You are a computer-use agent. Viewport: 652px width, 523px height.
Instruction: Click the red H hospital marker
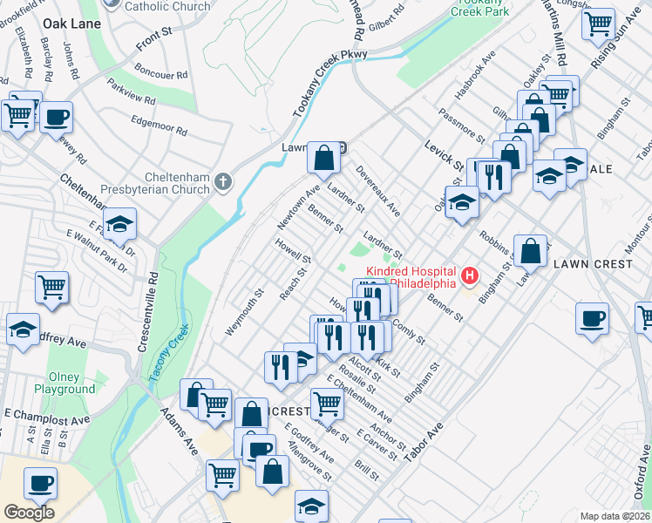[x=471, y=276]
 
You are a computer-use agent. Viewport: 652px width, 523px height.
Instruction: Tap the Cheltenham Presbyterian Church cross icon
[x=223, y=182]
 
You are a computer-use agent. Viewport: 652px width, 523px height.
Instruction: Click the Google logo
[x=29, y=513]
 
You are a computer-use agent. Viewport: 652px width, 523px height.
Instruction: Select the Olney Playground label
[x=65, y=383]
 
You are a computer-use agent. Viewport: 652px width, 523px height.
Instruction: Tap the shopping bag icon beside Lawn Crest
[x=531, y=251]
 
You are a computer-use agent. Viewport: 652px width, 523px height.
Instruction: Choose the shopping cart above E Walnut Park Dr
[x=52, y=286]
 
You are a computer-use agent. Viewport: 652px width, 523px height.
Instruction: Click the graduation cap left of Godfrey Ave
[x=23, y=329]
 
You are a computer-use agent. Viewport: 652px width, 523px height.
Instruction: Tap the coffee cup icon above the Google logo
[x=40, y=482]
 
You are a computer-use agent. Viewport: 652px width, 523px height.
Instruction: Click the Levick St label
[x=444, y=156]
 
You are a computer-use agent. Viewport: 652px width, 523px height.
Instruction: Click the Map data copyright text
[x=615, y=516]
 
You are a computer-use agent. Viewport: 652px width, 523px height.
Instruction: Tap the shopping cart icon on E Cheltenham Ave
[x=327, y=404]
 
